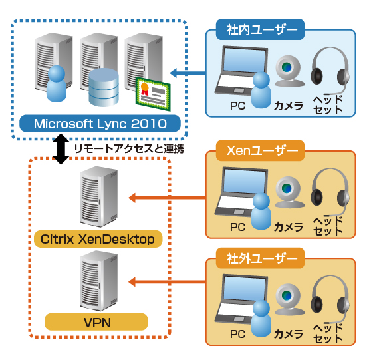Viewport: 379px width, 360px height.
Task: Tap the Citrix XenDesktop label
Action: click(97, 239)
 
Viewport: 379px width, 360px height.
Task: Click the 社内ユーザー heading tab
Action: click(261, 29)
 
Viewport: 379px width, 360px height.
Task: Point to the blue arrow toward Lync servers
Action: click(188, 72)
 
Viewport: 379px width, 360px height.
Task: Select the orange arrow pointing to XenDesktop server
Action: click(167, 197)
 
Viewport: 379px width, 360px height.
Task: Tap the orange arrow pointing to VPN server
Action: click(167, 282)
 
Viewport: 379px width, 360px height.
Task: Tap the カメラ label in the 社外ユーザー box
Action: click(289, 332)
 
